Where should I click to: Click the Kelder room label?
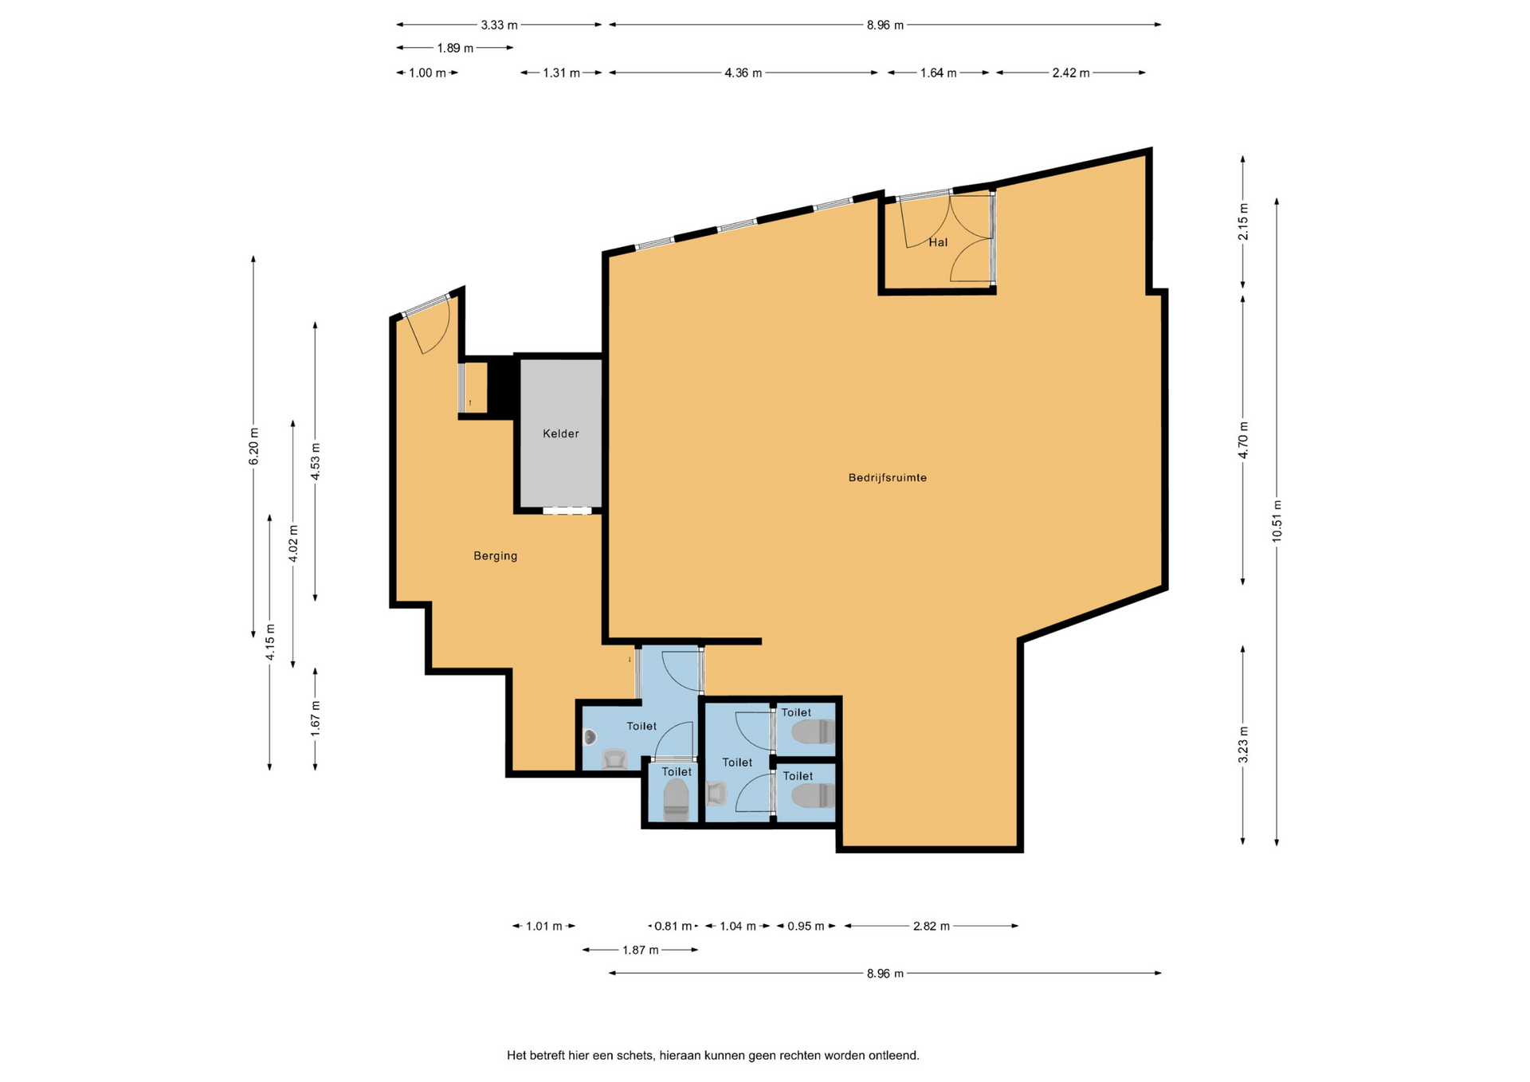(560, 433)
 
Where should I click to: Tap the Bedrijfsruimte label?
(887, 477)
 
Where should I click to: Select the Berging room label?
(495, 556)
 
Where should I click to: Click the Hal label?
(938, 242)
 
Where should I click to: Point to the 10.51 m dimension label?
(1277, 521)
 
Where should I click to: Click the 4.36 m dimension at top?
(743, 73)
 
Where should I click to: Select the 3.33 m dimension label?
(499, 25)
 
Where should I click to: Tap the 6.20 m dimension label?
(253, 447)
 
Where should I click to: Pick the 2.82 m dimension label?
(931, 926)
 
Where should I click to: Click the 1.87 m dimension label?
(640, 950)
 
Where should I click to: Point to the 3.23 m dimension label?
(1242, 745)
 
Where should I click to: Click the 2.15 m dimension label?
(1242, 221)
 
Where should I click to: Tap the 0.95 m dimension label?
(806, 926)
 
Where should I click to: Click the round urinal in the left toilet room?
(590, 738)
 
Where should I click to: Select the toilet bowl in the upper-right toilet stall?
(813, 731)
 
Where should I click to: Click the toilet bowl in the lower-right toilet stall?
(813, 795)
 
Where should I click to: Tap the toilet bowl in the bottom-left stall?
(676, 799)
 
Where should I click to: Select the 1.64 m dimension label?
(938, 73)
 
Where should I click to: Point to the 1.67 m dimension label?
(315, 719)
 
